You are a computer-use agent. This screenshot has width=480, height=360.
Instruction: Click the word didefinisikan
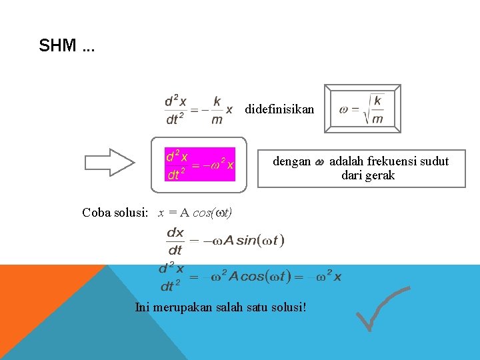click(x=279, y=109)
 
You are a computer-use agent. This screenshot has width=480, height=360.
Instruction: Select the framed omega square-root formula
click(x=362, y=109)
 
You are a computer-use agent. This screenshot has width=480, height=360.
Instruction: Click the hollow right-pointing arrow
click(x=109, y=163)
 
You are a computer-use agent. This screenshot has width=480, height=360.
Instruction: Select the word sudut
click(x=433, y=161)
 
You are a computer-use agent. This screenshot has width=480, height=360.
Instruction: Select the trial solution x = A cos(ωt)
click(x=195, y=213)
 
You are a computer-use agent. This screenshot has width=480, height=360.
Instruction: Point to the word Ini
click(x=142, y=307)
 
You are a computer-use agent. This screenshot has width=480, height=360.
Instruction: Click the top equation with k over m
click(x=199, y=109)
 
